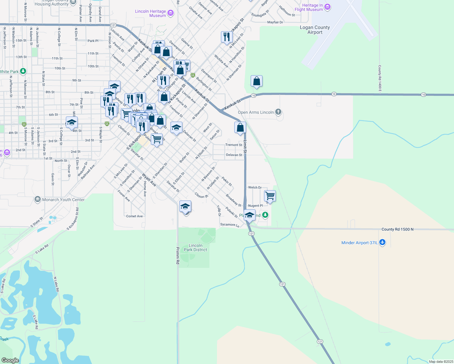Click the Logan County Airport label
[315, 30]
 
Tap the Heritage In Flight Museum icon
[327, 7]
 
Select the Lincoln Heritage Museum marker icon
[171, 13]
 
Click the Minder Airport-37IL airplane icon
[382, 242]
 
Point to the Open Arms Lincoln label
[256, 112]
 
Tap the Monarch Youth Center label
[63, 200]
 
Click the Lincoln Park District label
[195, 248]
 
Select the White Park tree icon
[23, 71]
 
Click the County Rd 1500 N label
[398, 229]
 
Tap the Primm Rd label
[178, 255]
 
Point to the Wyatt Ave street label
[149, 180]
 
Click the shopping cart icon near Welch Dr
[270, 196]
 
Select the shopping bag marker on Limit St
[240, 127]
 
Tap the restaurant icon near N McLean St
[227, 37]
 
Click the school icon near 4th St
[72, 122]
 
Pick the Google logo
[10, 360]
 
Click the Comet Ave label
[134, 216]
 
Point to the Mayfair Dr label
[275, 22]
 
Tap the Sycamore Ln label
[230, 225]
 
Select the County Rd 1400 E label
[380, 78]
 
